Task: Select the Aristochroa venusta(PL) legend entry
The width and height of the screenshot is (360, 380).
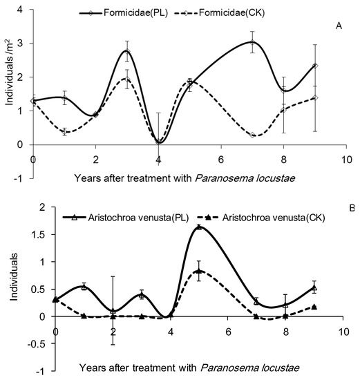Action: (x=121, y=216)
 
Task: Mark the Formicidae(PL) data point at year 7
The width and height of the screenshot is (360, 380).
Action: (x=252, y=42)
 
